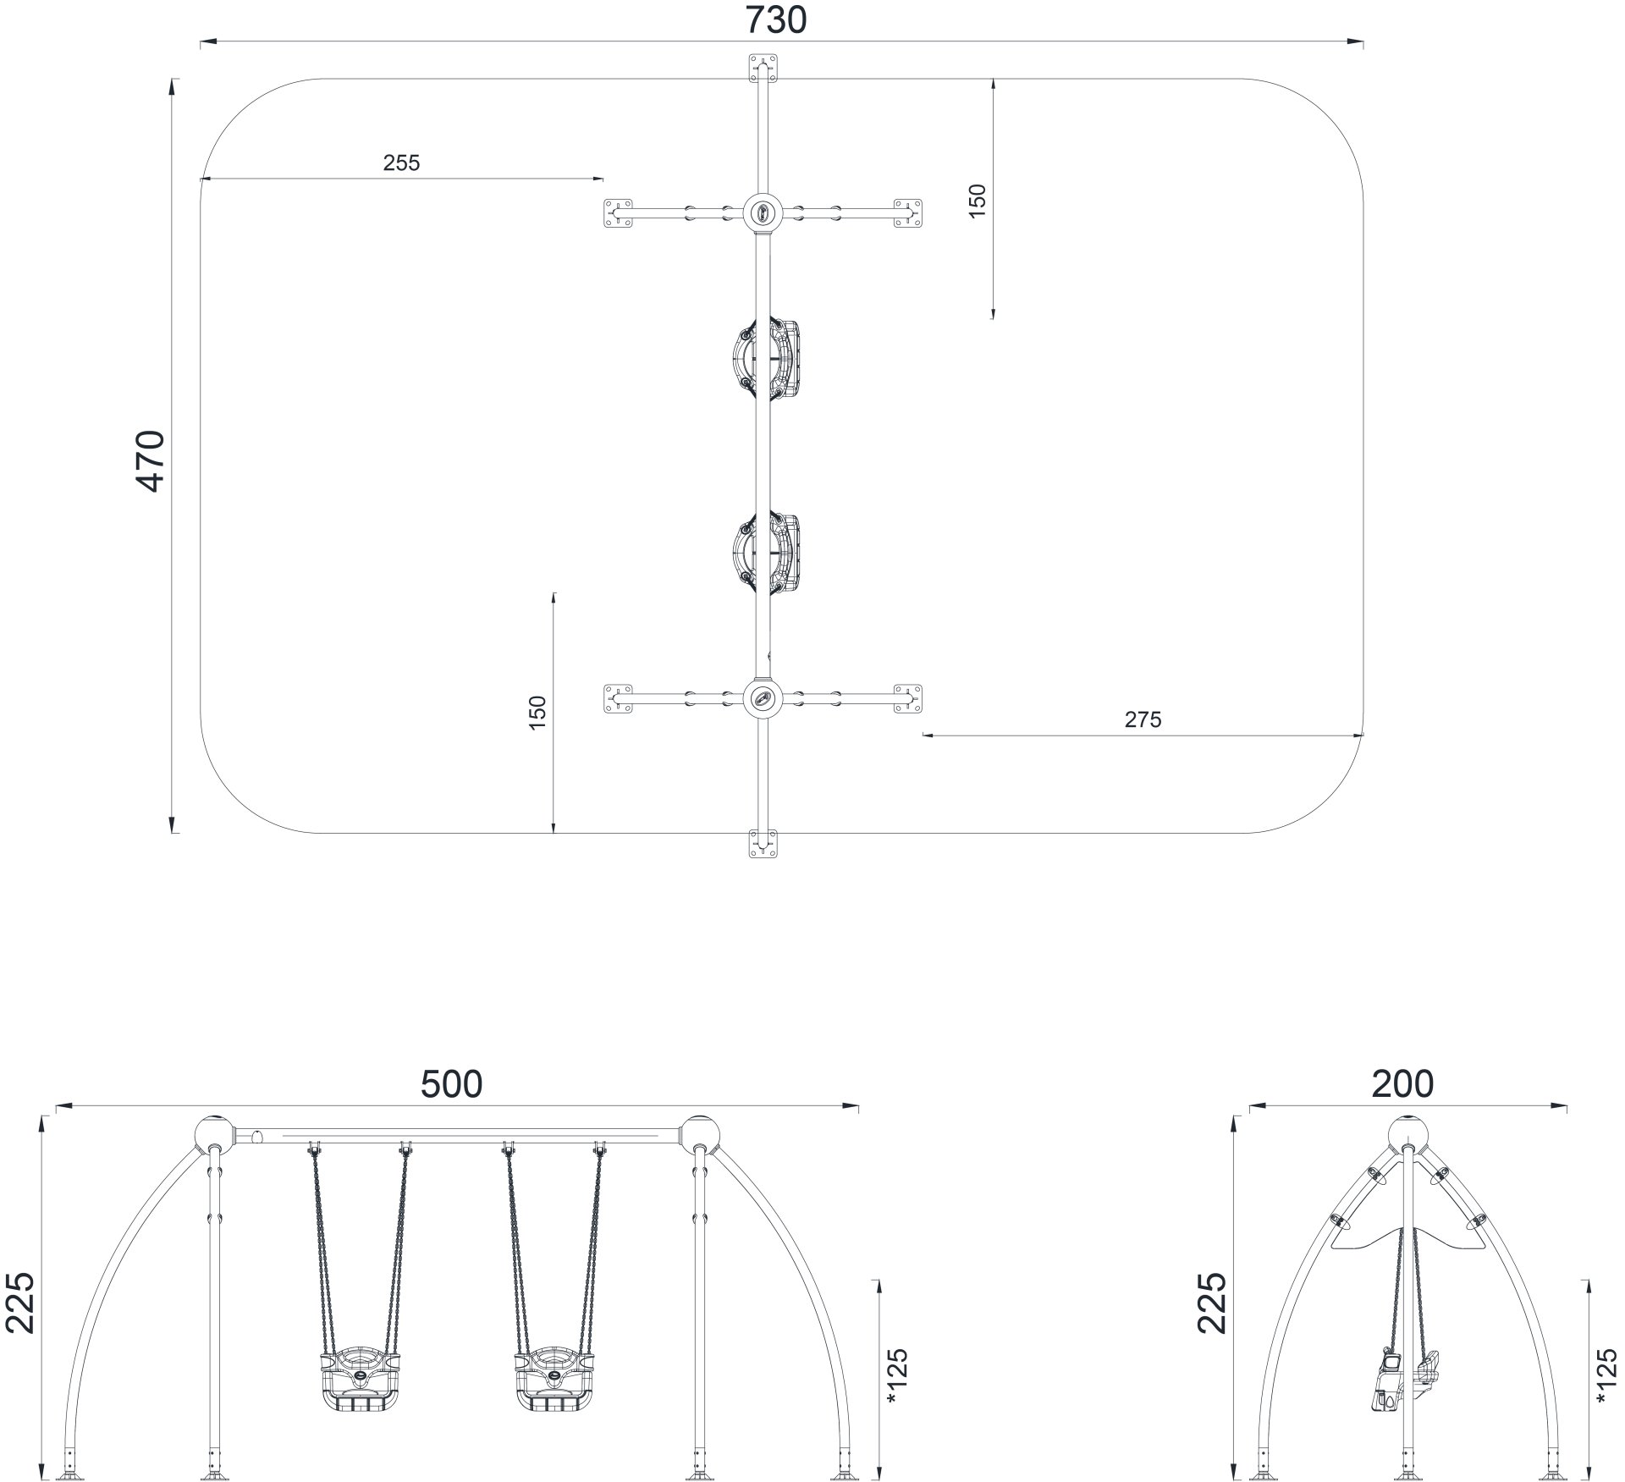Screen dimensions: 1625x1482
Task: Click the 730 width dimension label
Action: pos(776,19)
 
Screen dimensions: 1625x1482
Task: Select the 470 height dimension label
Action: pos(152,461)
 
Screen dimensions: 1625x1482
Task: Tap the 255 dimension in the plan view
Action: pos(401,163)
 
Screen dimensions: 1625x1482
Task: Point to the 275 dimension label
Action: pos(1143,719)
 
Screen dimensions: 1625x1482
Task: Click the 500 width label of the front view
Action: pos(452,1084)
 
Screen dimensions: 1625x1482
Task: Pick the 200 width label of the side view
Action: pos(1402,1084)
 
